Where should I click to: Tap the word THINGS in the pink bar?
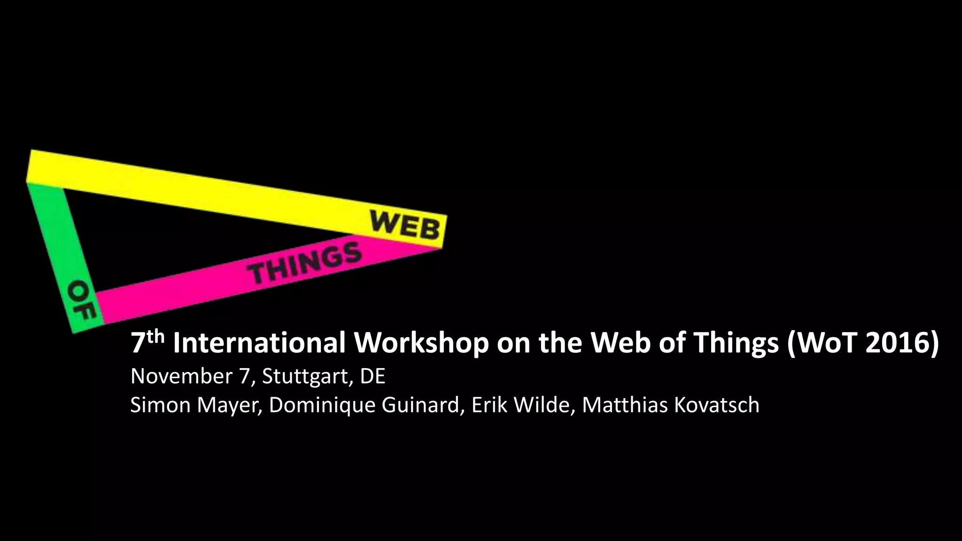(x=305, y=265)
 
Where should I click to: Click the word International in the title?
(x=259, y=343)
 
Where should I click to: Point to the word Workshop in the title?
(x=421, y=343)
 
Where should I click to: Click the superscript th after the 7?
(x=155, y=336)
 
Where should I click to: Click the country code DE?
(x=372, y=376)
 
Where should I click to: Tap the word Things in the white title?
(x=737, y=343)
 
